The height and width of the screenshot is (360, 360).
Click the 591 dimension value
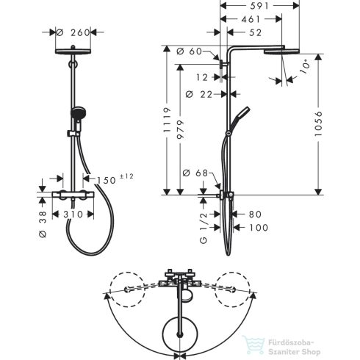pyautogui.click(x=259, y=6)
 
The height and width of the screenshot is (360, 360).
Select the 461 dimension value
pyautogui.click(x=251, y=19)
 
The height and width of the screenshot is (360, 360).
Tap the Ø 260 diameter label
pyautogui.click(x=73, y=32)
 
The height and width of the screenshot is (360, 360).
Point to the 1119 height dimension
pyautogui.click(x=167, y=120)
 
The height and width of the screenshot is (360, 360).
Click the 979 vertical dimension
pyautogui.click(x=181, y=129)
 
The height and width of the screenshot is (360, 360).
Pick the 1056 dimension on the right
pyautogui.click(x=318, y=123)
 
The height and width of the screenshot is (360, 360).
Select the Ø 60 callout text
pyautogui.click(x=189, y=51)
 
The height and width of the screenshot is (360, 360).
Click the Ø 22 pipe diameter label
pyautogui.click(x=199, y=94)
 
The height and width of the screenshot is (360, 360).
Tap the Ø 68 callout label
pyautogui.click(x=195, y=173)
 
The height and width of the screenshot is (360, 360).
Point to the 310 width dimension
pyautogui.click(x=73, y=215)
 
